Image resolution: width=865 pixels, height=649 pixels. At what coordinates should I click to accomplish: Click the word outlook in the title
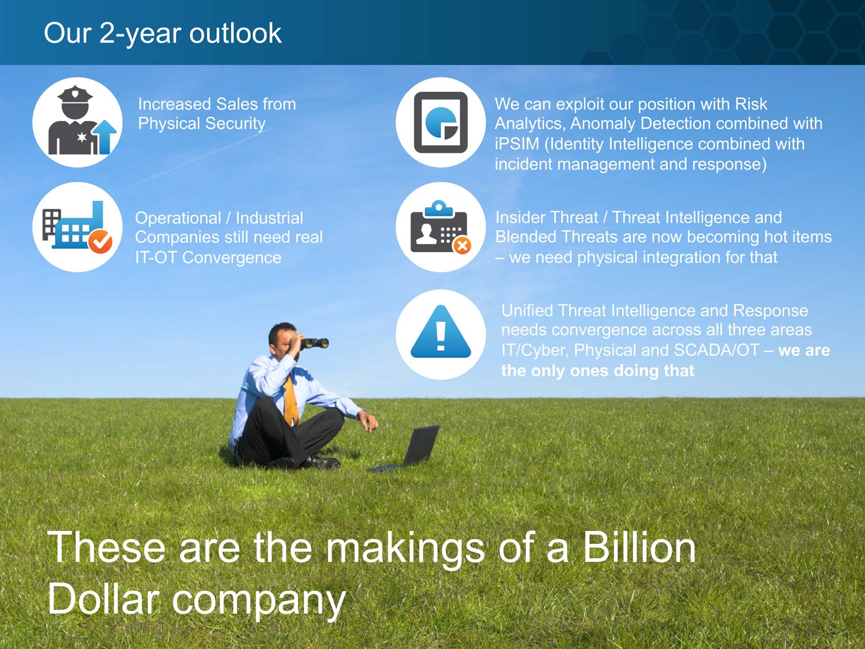click(235, 33)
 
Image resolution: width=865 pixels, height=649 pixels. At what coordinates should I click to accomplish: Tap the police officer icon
click(73, 120)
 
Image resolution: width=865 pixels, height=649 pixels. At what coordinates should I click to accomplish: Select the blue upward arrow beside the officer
click(106, 137)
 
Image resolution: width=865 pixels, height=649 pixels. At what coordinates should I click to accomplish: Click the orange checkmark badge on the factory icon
click(100, 241)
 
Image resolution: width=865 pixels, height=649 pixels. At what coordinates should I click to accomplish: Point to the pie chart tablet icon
click(441, 122)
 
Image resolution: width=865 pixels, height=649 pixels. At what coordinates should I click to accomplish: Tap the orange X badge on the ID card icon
click(462, 246)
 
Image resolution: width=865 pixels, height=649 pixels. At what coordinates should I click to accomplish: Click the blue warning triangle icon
click(441, 331)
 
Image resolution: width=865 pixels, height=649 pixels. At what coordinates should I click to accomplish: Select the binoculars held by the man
click(314, 343)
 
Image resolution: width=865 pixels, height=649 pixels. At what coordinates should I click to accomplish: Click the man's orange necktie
click(291, 400)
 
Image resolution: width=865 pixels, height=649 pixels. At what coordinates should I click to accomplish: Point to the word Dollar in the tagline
click(104, 599)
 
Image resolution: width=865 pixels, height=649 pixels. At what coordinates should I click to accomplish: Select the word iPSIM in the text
click(517, 144)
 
